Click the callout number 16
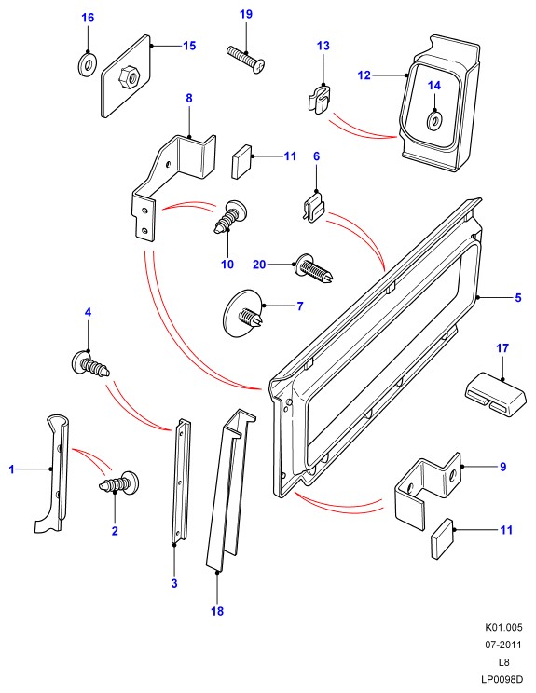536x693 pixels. click(x=88, y=18)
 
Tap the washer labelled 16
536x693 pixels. click(x=88, y=64)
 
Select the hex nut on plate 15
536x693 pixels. click(x=130, y=78)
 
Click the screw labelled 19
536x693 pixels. click(x=246, y=59)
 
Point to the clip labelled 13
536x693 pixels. click(x=321, y=100)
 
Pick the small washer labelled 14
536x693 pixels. click(x=434, y=120)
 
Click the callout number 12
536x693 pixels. click(x=364, y=75)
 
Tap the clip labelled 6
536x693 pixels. click(x=314, y=207)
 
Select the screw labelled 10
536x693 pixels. click(x=230, y=217)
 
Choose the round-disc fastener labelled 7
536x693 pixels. click(x=244, y=313)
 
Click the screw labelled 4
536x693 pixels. click(x=90, y=364)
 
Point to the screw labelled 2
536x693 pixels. click(x=118, y=482)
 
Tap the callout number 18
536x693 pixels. click(x=217, y=611)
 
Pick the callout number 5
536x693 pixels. click(x=518, y=298)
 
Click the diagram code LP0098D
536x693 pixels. click(x=502, y=679)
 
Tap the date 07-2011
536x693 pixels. click(x=503, y=645)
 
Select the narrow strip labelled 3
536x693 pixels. click(x=181, y=482)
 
